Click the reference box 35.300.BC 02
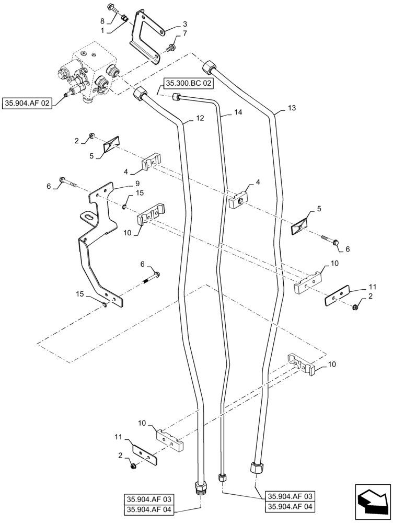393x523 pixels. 189,83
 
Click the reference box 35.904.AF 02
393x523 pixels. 27,104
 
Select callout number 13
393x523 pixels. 292,108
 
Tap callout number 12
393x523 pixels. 200,119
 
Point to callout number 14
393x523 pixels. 238,112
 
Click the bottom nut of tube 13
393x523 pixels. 256,467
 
